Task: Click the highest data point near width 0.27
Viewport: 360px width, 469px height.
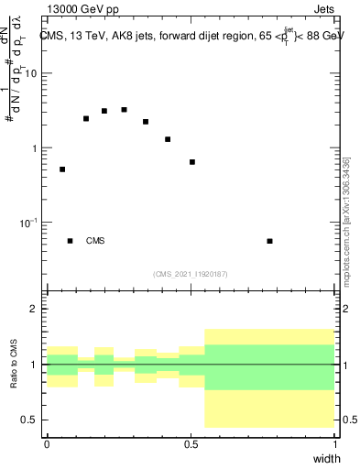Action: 125,110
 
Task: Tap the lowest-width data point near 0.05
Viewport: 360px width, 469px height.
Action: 62,169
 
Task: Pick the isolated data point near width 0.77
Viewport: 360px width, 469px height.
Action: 269,241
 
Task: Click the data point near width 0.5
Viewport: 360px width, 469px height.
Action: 192,162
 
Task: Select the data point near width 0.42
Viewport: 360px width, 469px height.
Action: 168,139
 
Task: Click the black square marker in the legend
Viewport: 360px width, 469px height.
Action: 70,241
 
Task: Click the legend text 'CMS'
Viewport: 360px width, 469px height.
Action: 95,242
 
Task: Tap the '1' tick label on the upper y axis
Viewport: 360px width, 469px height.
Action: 34,148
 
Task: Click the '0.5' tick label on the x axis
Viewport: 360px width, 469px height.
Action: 191,444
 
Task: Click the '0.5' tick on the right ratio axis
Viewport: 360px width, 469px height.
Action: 350,420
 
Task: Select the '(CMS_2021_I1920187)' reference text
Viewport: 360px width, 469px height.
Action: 191,274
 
